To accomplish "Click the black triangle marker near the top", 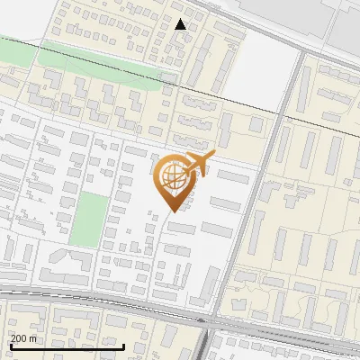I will pos(181,24).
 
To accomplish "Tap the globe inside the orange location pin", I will pos(171,177).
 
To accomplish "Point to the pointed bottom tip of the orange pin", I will pos(170,211).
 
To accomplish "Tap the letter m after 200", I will pos(34,338).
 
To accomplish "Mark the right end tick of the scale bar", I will pos(123,345).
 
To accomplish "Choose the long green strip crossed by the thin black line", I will pos(99,57).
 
